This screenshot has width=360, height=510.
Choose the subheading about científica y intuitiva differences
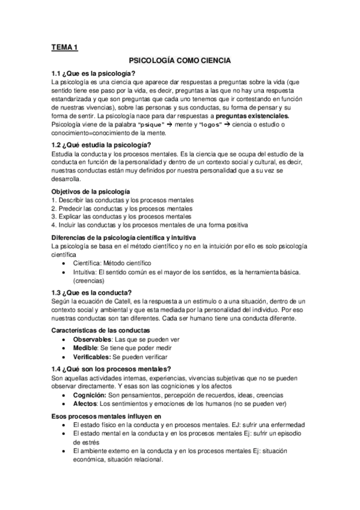[x=120, y=238]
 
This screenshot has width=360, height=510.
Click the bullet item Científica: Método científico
[x=112, y=263]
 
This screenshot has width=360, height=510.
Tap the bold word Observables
[x=94, y=339]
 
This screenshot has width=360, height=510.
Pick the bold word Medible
[x=87, y=348]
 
